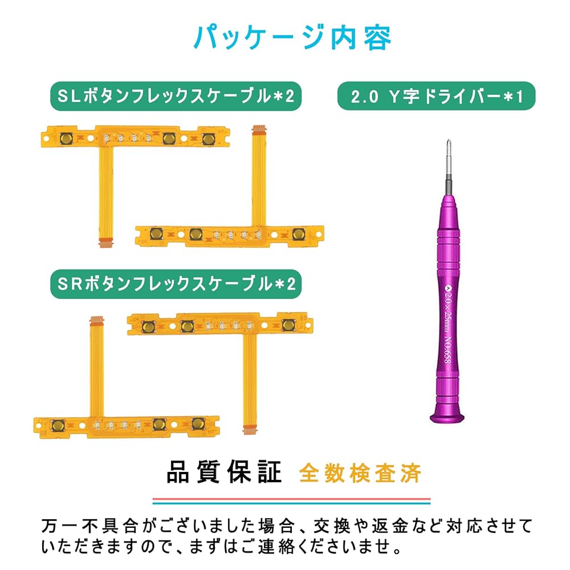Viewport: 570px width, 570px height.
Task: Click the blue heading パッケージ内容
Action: [x=292, y=38]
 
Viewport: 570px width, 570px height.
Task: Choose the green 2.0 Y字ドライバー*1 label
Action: [x=436, y=96]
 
